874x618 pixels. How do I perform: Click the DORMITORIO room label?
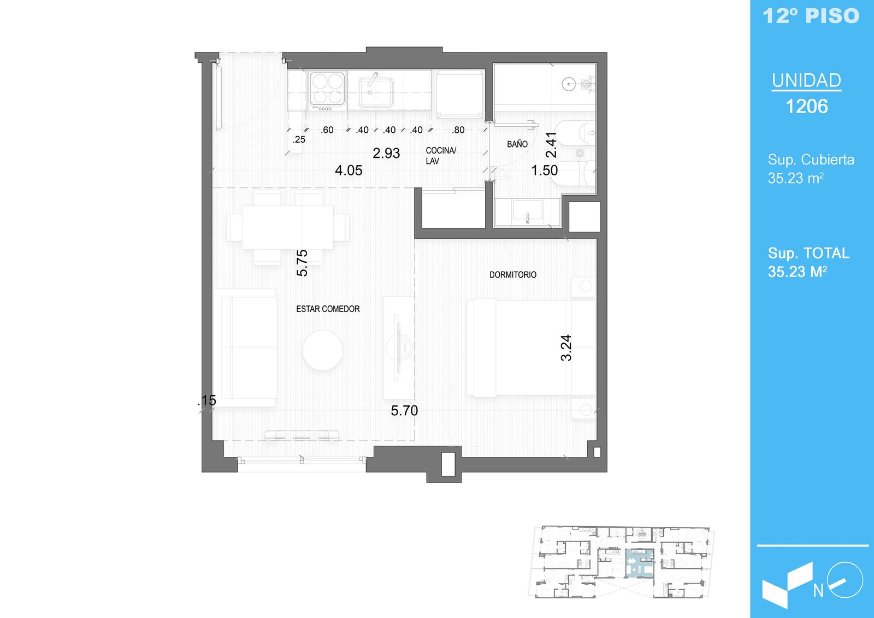[513, 275]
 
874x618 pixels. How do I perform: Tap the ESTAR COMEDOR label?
[328, 309]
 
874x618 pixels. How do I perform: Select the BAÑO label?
[517, 144]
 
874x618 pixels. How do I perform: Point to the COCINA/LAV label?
[440, 156]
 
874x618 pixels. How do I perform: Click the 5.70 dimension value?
[404, 411]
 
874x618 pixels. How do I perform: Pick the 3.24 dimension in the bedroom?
[566, 348]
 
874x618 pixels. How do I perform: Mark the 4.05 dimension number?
[349, 170]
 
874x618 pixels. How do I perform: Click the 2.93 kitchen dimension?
[386, 154]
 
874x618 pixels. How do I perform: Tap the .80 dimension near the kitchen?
[458, 130]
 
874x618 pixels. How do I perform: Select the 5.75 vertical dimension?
[302, 263]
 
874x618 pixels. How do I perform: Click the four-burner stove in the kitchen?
[327, 91]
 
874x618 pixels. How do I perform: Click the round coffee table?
[322, 350]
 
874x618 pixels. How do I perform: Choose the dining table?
[287, 227]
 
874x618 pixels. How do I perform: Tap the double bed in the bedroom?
[531, 348]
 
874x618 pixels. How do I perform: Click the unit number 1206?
[806, 107]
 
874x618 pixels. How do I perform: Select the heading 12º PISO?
[811, 16]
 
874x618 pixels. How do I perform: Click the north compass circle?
[845, 580]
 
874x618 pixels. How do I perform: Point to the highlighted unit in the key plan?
[640, 563]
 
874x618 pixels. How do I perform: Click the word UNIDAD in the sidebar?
[806, 80]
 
